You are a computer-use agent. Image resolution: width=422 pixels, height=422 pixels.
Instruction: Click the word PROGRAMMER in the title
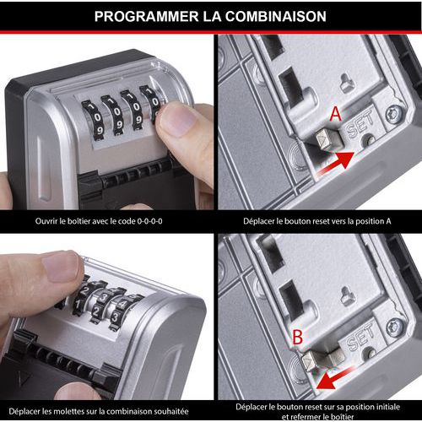[146, 16]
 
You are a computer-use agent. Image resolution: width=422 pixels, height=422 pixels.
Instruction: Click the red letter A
[336, 114]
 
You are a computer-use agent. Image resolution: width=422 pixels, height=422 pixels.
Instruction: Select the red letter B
[298, 337]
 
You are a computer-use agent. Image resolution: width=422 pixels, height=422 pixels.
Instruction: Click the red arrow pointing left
[334, 378]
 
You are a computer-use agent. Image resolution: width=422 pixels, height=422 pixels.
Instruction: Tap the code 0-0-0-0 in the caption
[149, 221]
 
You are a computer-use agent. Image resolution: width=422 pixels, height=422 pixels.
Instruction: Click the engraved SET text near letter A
[360, 124]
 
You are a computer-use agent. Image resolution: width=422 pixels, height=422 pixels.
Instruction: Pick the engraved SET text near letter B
[360, 336]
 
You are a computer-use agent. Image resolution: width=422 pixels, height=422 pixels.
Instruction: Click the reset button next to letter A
[328, 139]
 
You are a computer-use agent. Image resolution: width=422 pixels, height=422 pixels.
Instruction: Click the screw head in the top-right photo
[392, 115]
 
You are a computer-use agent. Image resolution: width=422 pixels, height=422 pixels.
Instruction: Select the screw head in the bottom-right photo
[394, 327]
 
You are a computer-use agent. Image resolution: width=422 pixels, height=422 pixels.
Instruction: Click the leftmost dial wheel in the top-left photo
[93, 120]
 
